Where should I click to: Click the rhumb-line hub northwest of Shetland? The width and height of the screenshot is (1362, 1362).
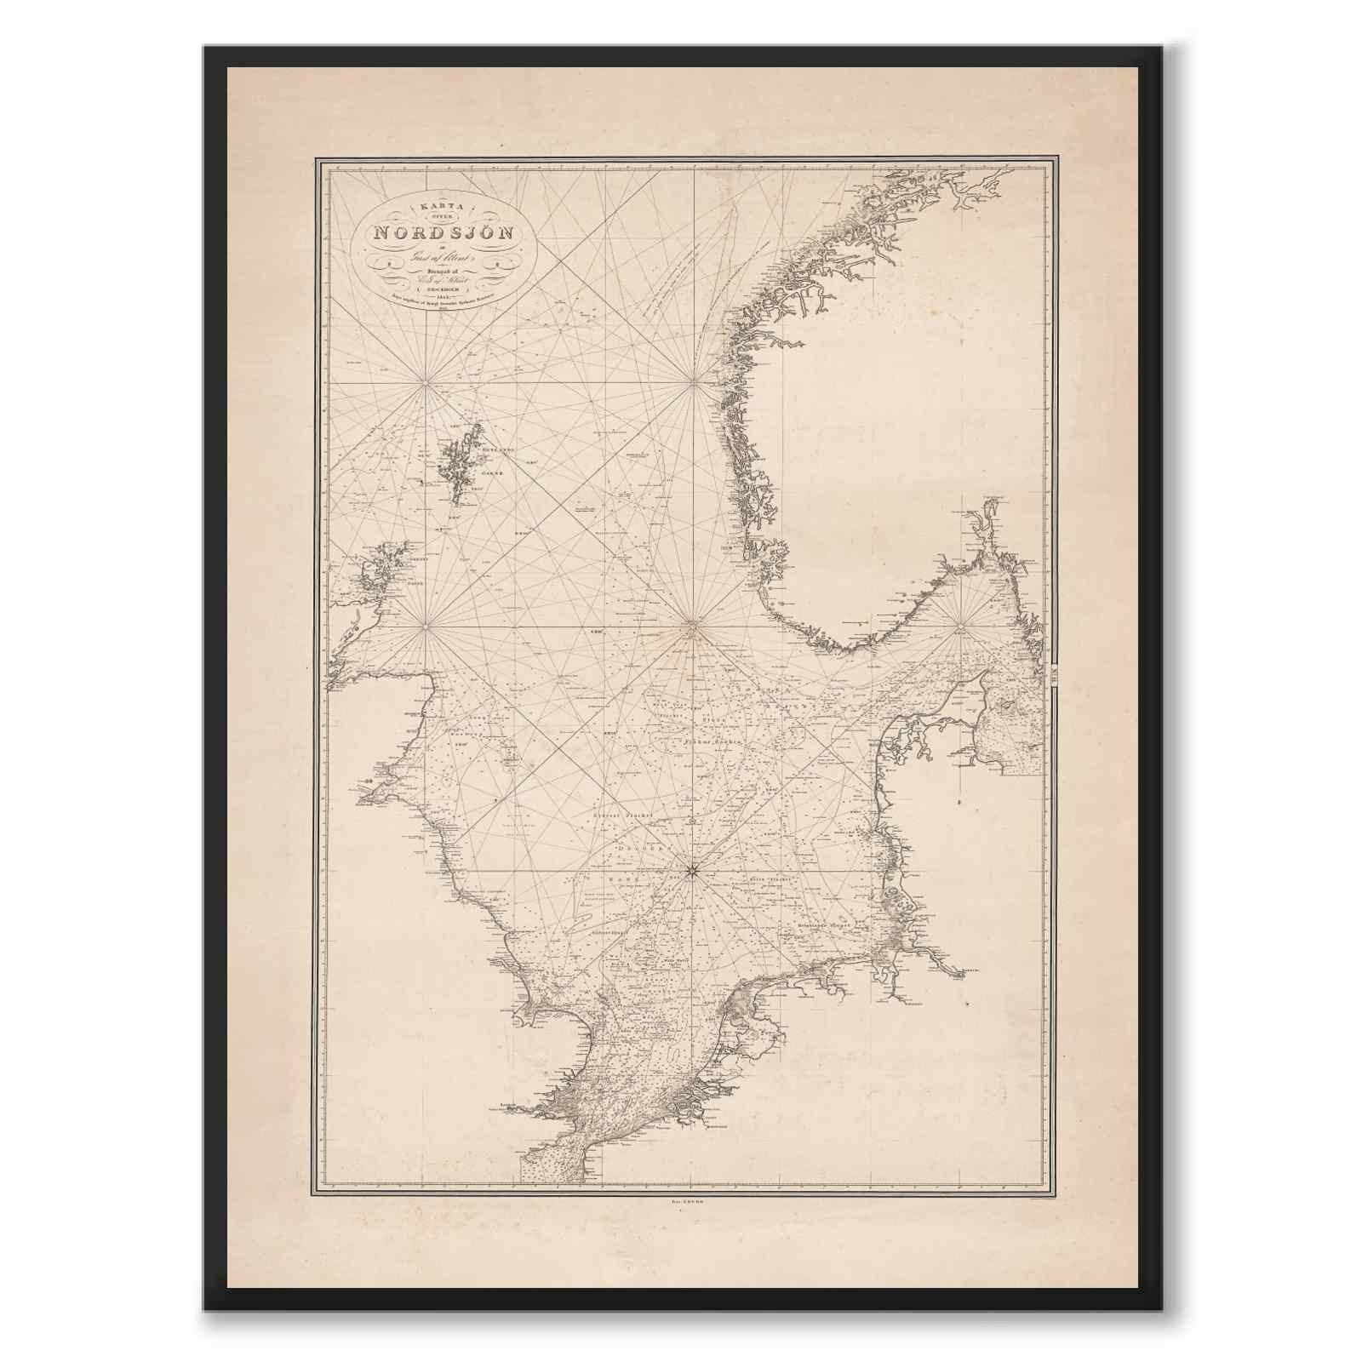(x=425, y=383)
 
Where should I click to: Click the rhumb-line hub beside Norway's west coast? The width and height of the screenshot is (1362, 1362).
(x=693, y=383)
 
